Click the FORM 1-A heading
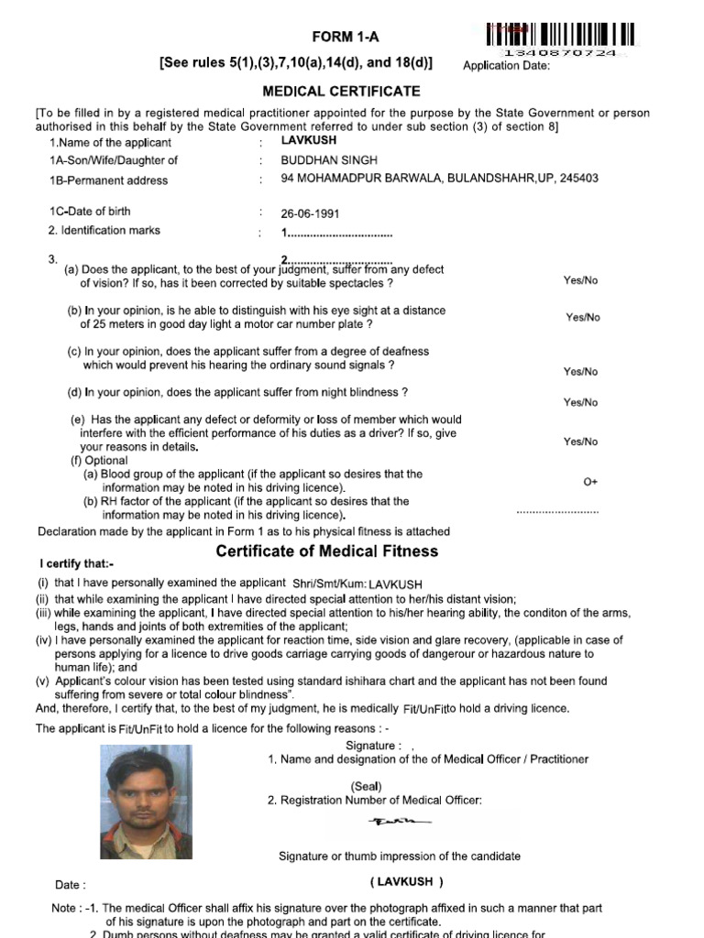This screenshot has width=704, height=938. coord(345,37)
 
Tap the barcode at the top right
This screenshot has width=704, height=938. coord(559,36)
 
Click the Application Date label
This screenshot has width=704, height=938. coord(506,65)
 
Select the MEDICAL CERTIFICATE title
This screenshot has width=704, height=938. coord(342,92)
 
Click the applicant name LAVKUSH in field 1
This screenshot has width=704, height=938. coord(308,141)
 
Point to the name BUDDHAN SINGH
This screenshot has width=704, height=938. coord(316,160)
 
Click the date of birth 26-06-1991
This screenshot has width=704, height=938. coord(310,213)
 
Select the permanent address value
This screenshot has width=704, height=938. coord(439,179)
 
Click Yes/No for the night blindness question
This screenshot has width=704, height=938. coord(580,402)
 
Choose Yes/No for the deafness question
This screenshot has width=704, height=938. coord(580,372)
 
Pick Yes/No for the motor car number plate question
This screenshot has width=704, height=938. coord(583,318)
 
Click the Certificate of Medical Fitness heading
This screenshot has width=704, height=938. coord(326,551)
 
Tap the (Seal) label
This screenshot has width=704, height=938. coord(366,786)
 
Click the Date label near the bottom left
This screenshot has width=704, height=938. coord(71,885)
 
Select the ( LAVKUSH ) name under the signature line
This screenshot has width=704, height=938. coord(407,882)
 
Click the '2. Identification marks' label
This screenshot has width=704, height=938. coord(104,230)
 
